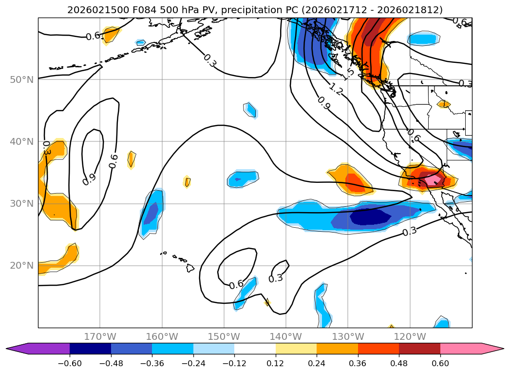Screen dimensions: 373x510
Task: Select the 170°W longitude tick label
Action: pyautogui.click(x=100, y=336)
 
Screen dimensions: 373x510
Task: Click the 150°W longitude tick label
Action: pyautogui.click(x=224, y=336)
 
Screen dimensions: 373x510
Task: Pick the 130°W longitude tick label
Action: pyautogui.click(x=348, y=336)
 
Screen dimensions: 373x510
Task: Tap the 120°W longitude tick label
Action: pyautogui.click(x=410, y=336)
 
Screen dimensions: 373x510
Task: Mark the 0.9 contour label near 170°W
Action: pyautogui.click(x=89, y=179)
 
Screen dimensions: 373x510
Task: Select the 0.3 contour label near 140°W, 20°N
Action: pyautogui.click(x=276, y=278)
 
